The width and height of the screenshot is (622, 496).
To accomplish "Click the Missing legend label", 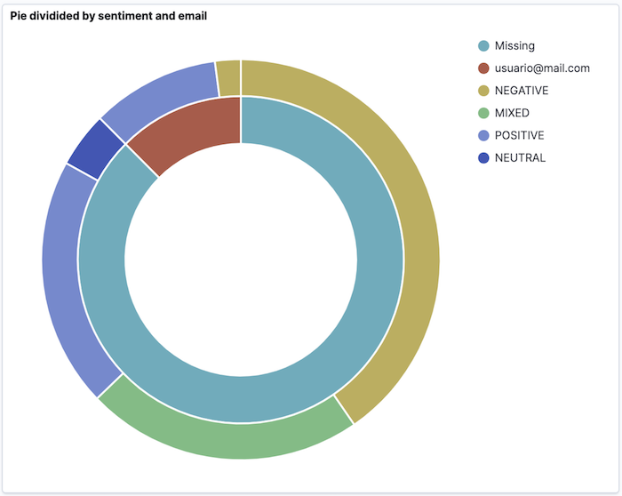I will tap(514, 45).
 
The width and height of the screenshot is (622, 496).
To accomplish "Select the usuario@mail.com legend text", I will tap(542, 68).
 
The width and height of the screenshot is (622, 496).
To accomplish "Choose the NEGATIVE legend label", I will tap(522, 91).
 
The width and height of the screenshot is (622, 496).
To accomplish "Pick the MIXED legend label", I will tap(512, 113).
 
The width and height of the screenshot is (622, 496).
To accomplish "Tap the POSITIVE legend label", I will tap(520, 135).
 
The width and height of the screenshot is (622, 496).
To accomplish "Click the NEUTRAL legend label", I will tap(520, 157).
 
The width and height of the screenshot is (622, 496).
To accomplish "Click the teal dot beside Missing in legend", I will tap(483, 45).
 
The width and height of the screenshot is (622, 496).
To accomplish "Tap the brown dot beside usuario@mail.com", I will tap(483, 68).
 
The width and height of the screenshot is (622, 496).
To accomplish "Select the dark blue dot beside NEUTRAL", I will tap(483, 157).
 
